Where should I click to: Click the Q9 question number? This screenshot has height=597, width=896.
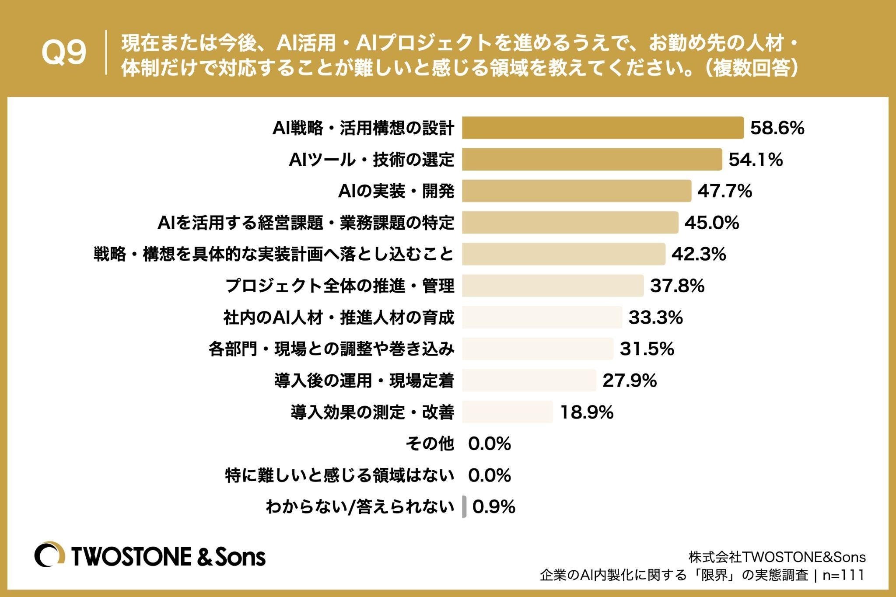64,53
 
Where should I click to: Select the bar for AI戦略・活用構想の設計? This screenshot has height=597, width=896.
603,128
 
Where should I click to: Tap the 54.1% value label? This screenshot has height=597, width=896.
756,160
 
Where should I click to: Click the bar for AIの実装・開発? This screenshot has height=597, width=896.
577,191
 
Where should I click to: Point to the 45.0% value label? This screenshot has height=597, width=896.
712,223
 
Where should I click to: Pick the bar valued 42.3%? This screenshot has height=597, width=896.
564,254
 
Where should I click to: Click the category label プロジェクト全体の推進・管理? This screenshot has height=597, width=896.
340,286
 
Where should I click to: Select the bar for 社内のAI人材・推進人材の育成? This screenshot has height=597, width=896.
542,317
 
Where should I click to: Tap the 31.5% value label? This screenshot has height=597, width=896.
647,349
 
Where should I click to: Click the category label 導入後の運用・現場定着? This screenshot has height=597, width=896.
364,381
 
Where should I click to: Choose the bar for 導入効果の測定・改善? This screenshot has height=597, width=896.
507,412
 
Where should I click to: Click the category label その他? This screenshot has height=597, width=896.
430,443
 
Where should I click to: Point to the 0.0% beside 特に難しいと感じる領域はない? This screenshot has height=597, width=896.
490,475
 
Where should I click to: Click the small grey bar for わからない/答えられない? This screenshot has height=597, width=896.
464,507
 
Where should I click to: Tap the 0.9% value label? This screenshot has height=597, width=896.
494,507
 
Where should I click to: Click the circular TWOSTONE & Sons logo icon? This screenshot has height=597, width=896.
50,556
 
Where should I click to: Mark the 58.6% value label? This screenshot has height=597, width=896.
777,128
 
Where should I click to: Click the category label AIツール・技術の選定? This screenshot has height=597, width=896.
371,160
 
